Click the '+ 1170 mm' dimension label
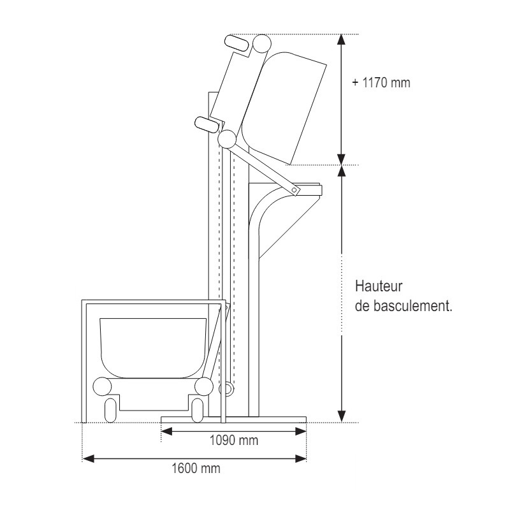381,83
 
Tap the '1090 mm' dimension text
234,441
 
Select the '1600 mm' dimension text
196,469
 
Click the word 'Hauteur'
379,286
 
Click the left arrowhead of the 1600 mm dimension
88,459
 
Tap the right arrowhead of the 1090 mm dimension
300,432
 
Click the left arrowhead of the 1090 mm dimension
167,432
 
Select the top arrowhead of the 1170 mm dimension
341,40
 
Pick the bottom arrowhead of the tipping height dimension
341,416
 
